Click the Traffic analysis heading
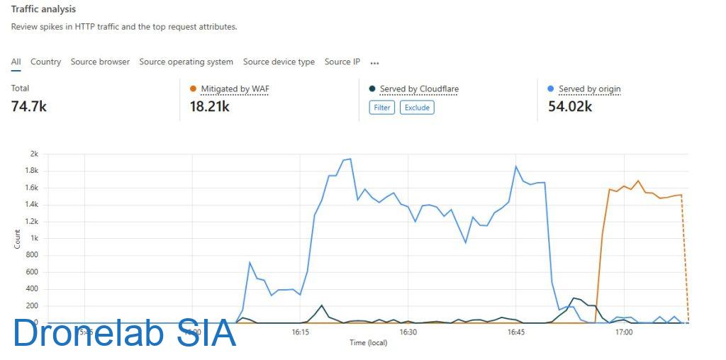pyautogui.click(x=43, y=10)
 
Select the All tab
pyautogui.click(x=16, y=62)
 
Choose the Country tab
pyautogui.click(x=45, y=62)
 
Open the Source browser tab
pyautogui.click(x=100, y=62)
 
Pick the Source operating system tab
pyautogui.click(x=186, y=62)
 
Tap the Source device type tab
pyautogui.click(x=279, y=62)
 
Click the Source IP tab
pyautogui.click(x=342, y=62)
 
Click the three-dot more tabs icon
pyautogui.click(x=374, y=62)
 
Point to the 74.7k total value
pyautogui.click(x=29, y=106)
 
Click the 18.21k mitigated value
pyautogui.click(x=210, y=106)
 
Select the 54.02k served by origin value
pyautogui.click(x=570, y=106)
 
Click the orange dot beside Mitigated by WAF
pyautogui.click(x=194, y=89)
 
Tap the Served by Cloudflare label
pyautogui.click(x=419, y=89)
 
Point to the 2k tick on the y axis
pyautogui.click(x=34, y=154)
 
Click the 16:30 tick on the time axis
pyautogui.click(x=408, y=332)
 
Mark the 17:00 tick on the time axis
pyautogui.click(x=624, y=332)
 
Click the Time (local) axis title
pyautogui.click(x=368, y=343)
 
